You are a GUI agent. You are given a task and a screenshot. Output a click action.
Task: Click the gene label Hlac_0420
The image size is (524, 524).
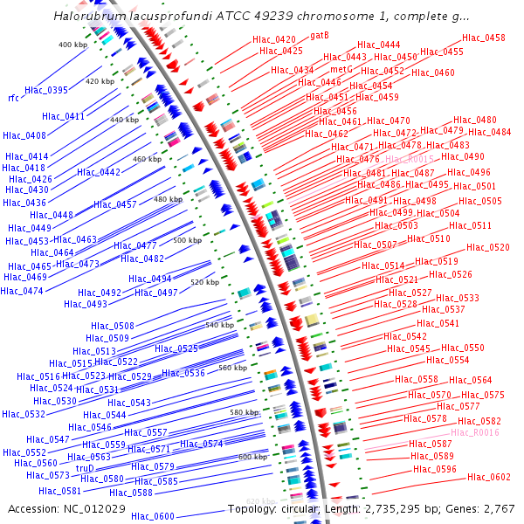click(274, 39)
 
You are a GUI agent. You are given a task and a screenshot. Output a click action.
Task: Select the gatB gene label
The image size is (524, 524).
click(320, 35)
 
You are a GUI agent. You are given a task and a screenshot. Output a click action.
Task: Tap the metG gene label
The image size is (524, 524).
click(341, 68)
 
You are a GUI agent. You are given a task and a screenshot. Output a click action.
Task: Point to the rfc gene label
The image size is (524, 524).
click(13, 98)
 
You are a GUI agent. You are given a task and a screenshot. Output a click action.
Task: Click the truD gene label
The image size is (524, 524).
click(85, 468)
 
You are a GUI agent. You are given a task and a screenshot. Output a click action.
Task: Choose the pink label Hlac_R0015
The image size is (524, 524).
click(410, 159)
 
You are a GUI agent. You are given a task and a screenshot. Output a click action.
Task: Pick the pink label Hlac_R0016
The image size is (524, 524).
click(475, 432)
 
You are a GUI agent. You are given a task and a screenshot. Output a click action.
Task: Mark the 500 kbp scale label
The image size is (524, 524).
click(187, 240)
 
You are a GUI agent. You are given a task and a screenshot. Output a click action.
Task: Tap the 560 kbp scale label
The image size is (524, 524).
click(233, 369)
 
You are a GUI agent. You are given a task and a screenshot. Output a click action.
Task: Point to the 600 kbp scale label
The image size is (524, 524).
click(252, 457)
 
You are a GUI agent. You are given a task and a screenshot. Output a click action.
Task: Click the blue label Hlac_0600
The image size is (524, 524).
click(153, 516)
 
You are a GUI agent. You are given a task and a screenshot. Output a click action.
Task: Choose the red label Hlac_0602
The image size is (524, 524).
click(489, 477)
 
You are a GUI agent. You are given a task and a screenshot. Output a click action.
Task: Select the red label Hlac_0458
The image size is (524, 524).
click(484, 38)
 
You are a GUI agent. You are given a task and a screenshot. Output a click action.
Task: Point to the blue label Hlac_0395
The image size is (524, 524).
click(46, 90)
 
